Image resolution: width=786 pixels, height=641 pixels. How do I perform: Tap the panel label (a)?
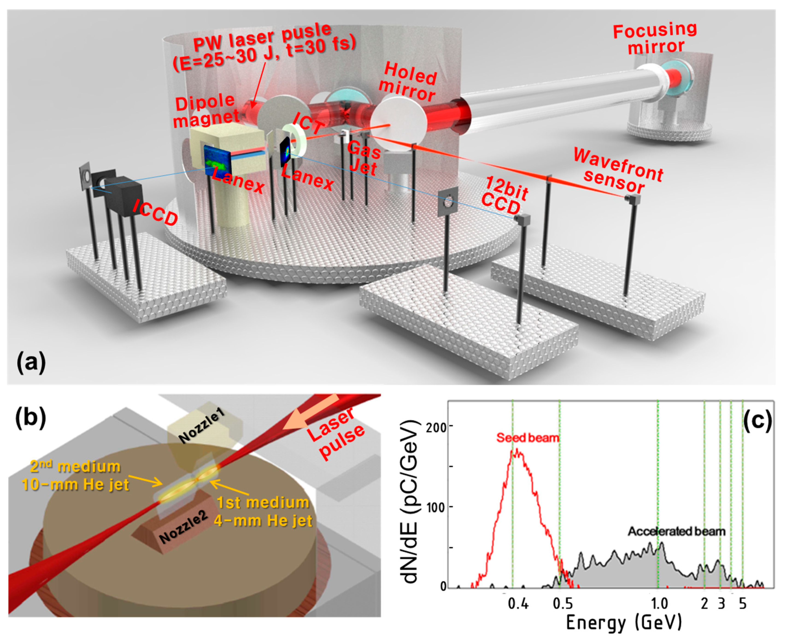click(x=31, y=362)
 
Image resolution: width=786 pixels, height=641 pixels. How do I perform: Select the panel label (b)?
click(x=31, y=419)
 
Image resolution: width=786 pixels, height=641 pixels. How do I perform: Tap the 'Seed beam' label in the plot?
click(x=527, y=438)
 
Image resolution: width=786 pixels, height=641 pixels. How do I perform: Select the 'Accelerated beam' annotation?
click(x=676, y=532)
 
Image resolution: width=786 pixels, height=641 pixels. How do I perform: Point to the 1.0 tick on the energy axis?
click(x=659, y=603)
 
